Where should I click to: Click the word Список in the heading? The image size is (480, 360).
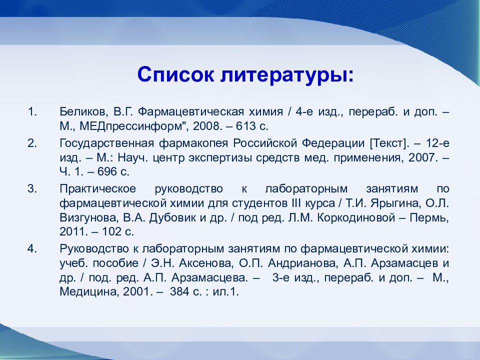pos(175,74)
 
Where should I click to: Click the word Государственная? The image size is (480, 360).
pos(106,143)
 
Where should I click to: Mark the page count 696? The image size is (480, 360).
pos(107,171)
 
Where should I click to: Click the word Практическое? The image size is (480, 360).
pos(97,188)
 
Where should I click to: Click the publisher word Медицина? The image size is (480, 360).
pos(89,291)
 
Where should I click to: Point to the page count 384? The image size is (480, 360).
pos(179,291)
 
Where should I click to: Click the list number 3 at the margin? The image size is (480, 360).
pos(32,188)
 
